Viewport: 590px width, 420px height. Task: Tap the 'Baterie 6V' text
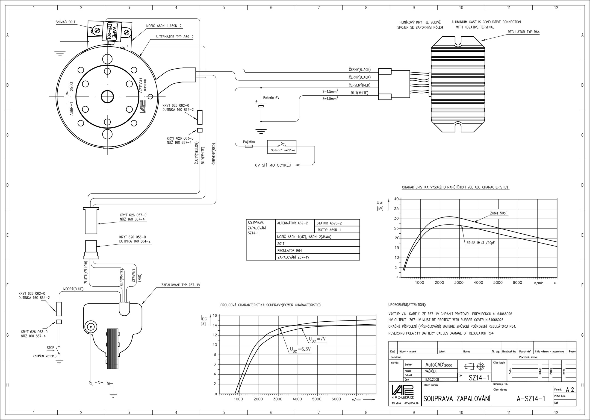tap(271, 98)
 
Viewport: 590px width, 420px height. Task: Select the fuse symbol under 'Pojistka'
tap(249, 146)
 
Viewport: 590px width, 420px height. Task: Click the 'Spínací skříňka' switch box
tap(282, 147)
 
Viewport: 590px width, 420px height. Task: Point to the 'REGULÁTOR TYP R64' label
tap(524, 32)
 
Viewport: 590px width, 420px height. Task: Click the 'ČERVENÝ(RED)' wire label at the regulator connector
tap(360, 85)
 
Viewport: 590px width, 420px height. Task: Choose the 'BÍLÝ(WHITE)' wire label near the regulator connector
tap(360, 93)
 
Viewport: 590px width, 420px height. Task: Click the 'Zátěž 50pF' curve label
tap(499, 213)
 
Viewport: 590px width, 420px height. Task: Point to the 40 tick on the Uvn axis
tap(396, 199)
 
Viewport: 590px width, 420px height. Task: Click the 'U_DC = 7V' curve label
tap(317, 339)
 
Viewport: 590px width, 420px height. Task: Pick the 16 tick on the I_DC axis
tap(215, 315)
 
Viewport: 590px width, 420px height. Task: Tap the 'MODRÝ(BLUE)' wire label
tap(74, 289)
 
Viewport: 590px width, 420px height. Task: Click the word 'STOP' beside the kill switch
tap(50, 348)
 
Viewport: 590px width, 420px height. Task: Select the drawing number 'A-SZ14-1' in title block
tap(531, 399)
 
